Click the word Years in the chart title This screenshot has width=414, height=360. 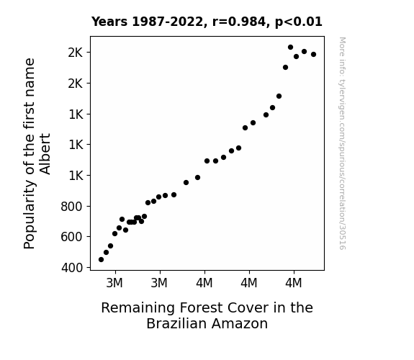109,22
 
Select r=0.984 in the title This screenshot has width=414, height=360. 238,22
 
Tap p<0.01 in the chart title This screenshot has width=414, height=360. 298,22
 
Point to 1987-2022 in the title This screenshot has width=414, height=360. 167,22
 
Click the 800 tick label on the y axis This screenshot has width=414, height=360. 71,207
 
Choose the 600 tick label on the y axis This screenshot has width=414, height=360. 71,237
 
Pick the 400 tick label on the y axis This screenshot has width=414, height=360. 72,268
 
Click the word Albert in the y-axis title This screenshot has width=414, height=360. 45,153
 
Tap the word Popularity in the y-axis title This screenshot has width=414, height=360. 29,215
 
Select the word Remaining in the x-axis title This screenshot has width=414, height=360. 138,308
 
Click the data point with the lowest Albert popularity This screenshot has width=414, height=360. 101,260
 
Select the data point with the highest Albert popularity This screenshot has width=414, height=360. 290,48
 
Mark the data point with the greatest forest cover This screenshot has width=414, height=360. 314,55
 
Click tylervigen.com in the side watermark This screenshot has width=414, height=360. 342,99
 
